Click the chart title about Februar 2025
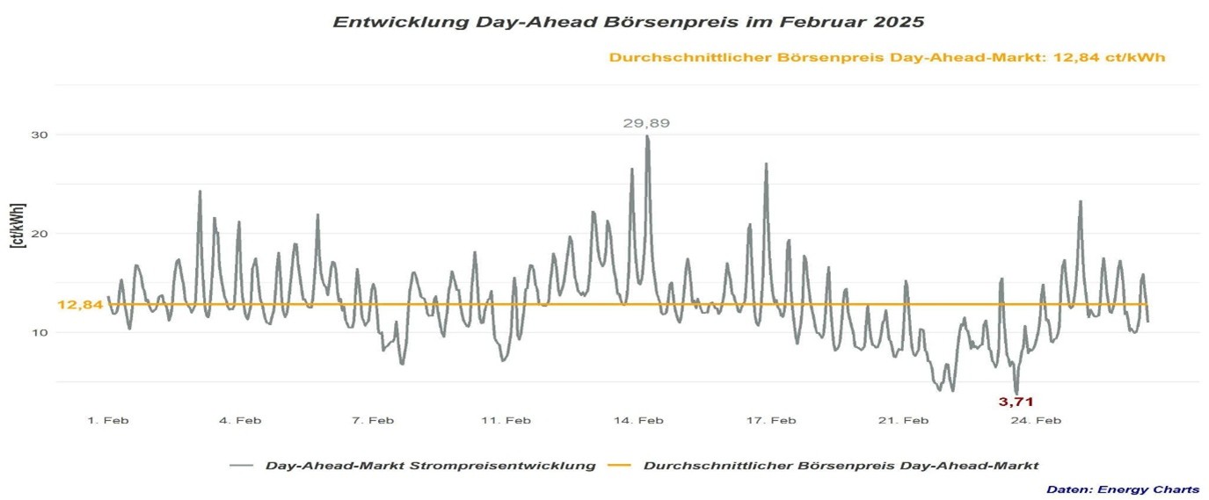point(628,21)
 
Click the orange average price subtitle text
point(887,58)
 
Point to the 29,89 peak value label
point(646,124)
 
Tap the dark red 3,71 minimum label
point(1016,402)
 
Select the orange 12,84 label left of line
point(80,305)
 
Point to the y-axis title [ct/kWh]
point(18,226)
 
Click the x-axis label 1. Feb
point(108,421)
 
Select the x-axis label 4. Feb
point(240,421)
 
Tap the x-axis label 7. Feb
point(373,421)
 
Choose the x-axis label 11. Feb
point(506,421)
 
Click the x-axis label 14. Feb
point(638,421)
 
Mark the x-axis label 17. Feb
point(771,421)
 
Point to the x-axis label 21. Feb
point(904,421)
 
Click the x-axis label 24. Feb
point(1036,421)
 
